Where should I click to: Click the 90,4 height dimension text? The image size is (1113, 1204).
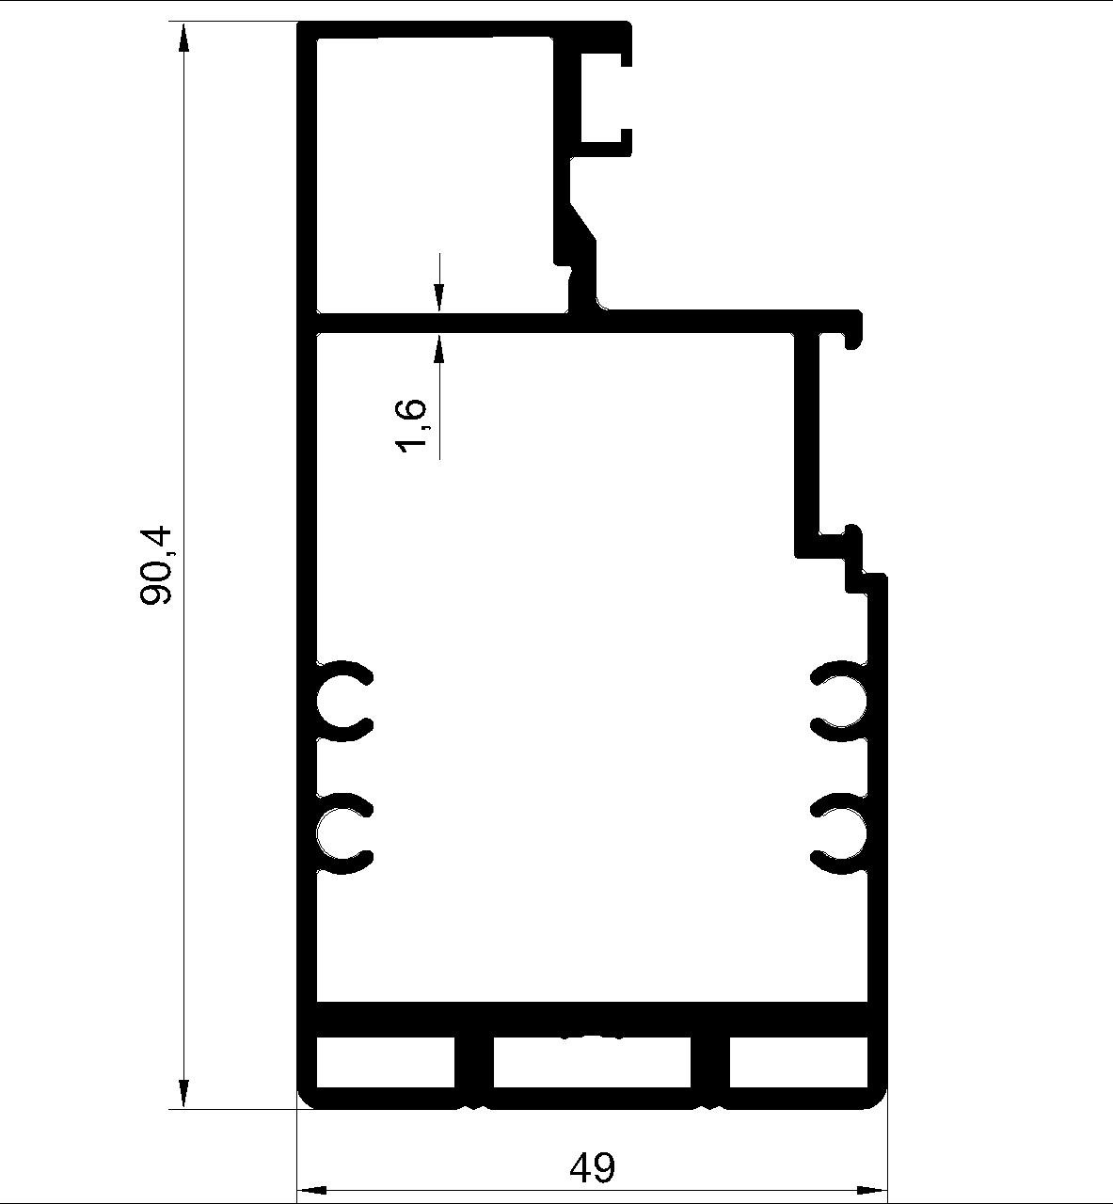click(x=156, y=565)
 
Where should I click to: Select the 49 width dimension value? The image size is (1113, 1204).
click(x=592, y=1167)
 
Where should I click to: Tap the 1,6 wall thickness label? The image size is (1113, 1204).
click(x=411, y=426)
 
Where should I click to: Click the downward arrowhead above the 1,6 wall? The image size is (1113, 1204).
click(x=439, y=297)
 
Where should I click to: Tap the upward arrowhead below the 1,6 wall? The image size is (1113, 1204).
click(x=439, y=349)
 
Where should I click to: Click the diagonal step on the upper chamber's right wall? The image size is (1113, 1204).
click(x=582, y=223)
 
